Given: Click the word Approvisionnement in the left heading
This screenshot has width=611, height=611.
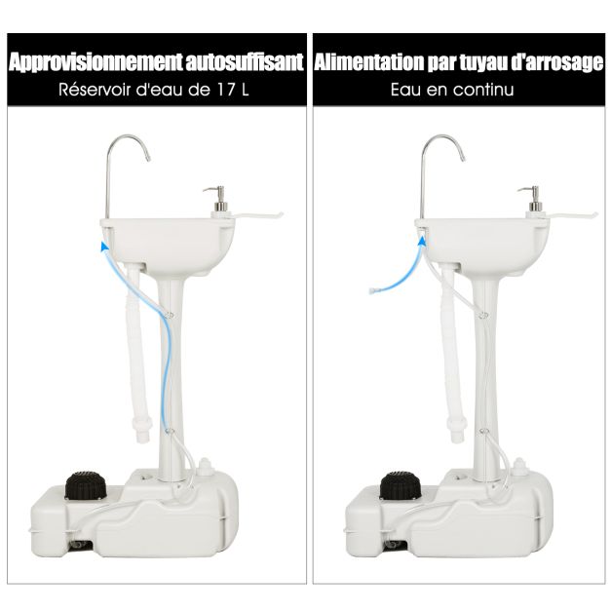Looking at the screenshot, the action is coord(95,62).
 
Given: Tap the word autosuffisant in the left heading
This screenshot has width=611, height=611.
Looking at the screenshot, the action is coord(245,62).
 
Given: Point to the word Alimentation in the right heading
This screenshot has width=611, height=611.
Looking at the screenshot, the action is coord(368,62).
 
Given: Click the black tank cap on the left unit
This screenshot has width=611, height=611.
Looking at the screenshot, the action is coord(86,485).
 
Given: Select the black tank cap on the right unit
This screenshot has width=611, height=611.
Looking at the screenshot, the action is coord(401,485).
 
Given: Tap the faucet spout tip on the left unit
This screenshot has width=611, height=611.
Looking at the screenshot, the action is coord(148,158).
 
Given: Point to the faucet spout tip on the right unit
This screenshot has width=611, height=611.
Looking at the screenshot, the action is coord(463,158).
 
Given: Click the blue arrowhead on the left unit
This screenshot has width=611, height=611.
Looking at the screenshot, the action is coord(104,247).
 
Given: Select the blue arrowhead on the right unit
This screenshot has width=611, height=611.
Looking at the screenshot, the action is coord(422,242).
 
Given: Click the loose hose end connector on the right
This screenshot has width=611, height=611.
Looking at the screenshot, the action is coord(373,290).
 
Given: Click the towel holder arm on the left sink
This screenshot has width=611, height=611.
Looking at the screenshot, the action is coord(257,215).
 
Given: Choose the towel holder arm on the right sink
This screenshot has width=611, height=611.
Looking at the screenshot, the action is coord(572,215).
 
